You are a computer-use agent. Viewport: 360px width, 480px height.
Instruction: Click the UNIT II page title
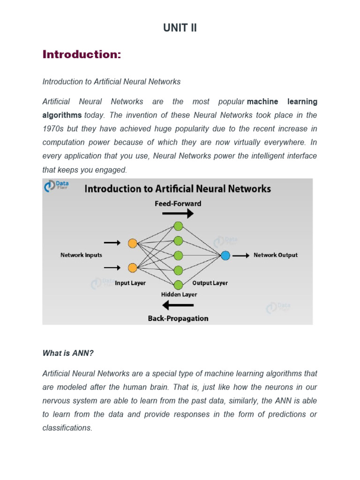click(180, 28)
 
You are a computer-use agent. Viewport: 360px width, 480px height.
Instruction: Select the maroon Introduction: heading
click(82, 54)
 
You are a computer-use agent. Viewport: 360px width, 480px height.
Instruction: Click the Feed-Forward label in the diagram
click(178, 203)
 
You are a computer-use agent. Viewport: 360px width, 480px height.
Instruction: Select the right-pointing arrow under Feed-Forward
click(178, 214)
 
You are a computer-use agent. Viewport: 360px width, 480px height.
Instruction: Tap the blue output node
click(225, 255)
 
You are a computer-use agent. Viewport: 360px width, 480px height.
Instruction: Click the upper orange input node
click(133, 243)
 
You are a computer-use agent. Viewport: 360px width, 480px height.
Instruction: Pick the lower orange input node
click(133, 268)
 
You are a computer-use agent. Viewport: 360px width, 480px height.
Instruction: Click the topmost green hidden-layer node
click(178, 226)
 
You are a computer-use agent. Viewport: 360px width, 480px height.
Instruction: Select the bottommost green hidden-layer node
click(178, 285)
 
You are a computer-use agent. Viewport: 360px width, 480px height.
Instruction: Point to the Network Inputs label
click(81, 255)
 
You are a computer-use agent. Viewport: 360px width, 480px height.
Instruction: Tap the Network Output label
click(276, 255)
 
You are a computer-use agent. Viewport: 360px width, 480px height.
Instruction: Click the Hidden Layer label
click(179, 295)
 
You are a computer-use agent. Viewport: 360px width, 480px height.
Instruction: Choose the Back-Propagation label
click(178, 318)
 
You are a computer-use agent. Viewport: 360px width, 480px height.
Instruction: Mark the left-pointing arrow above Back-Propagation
click(178, 306)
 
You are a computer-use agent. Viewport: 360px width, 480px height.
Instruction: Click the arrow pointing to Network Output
click(241, 255)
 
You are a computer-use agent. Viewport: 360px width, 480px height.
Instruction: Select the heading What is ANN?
click(68, 353)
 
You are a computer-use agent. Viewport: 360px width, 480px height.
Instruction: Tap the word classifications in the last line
click(67, 428)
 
